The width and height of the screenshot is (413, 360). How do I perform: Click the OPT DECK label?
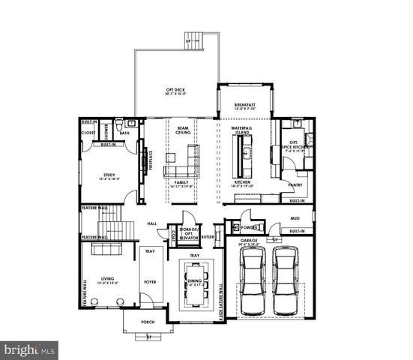pos(175,91)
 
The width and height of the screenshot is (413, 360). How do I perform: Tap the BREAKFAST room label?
pos(244,106)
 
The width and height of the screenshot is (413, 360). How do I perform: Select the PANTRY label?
pos(295,184)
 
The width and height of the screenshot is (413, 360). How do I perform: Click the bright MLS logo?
pos(30,349)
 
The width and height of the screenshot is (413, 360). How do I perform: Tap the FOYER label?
pos(149,283)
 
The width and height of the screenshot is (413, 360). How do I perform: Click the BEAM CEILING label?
pos(182,130)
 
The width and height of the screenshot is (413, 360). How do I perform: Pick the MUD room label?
pos(295,218)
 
